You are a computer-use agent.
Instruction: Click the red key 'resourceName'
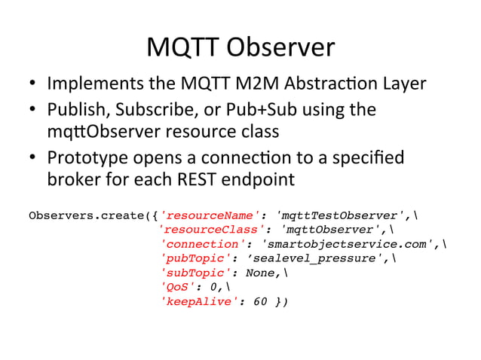[x=207, y=217]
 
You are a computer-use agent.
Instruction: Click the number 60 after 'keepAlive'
[x=261, y=301]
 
